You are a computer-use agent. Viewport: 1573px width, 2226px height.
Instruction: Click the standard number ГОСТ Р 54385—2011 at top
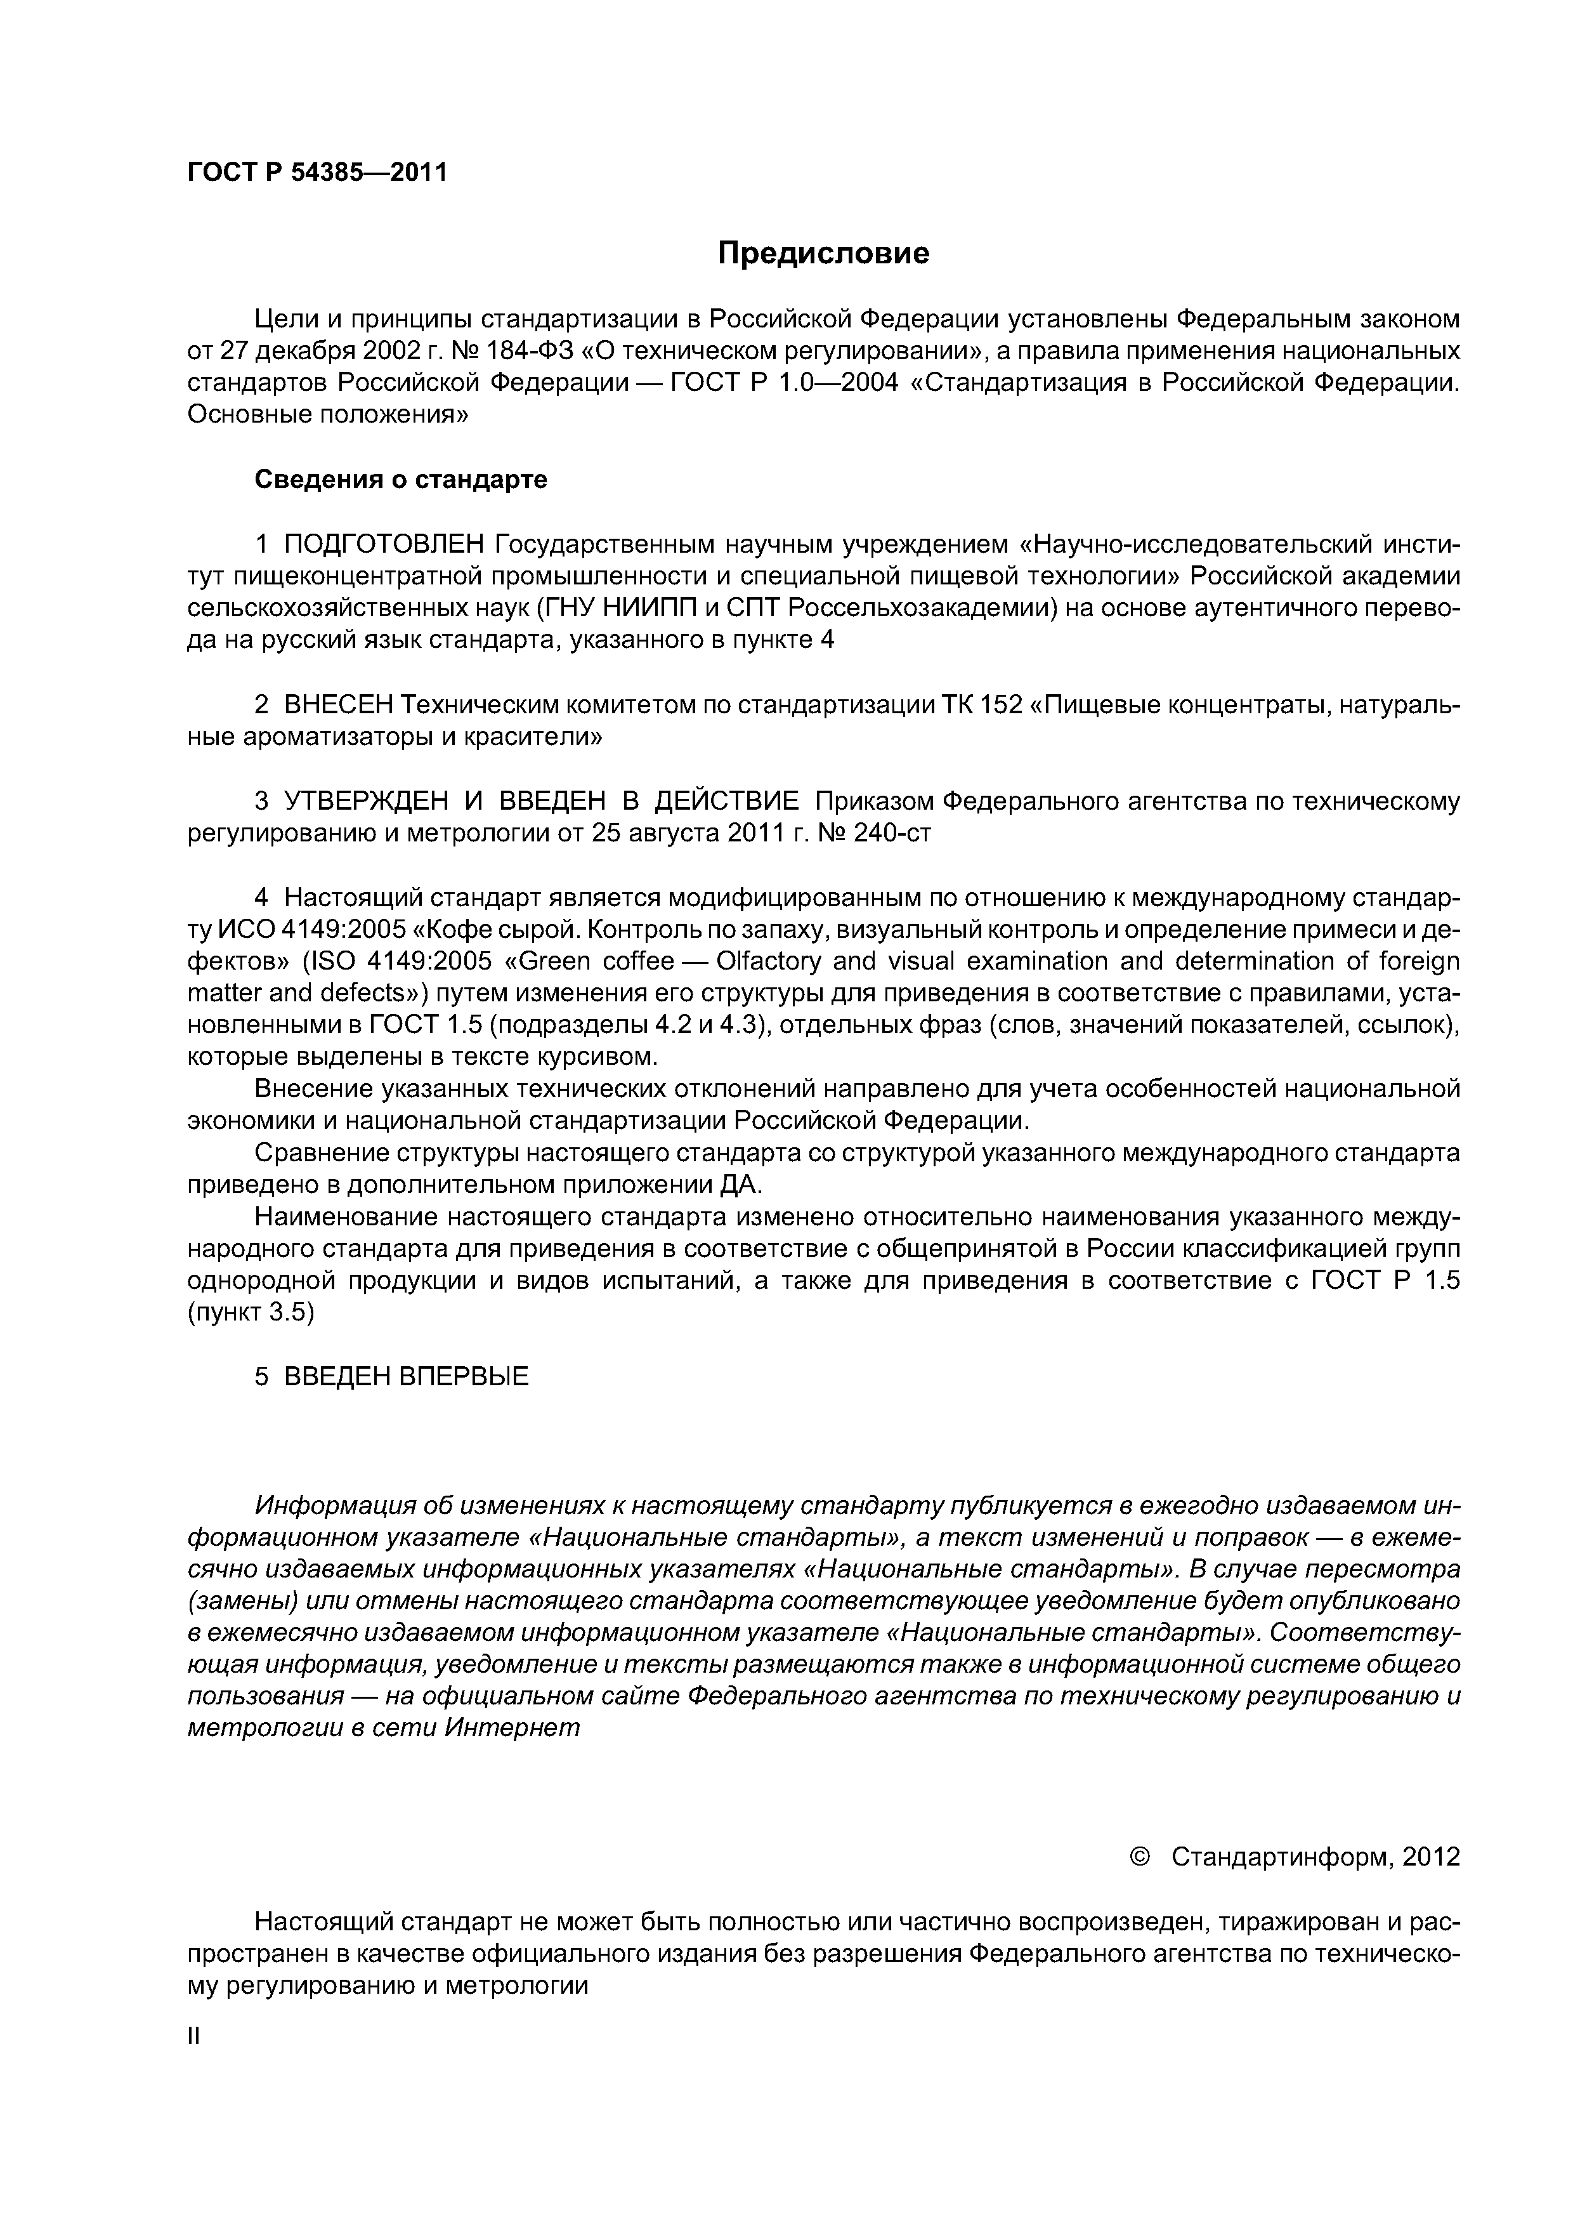(x=317, y=173)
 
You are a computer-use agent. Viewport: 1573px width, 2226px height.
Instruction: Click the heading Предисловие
(x=823, y=254)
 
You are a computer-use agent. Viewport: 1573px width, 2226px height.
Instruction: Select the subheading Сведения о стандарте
(x=400, y=480)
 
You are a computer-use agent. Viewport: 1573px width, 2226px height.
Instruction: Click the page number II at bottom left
(x=193, y=2037)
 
